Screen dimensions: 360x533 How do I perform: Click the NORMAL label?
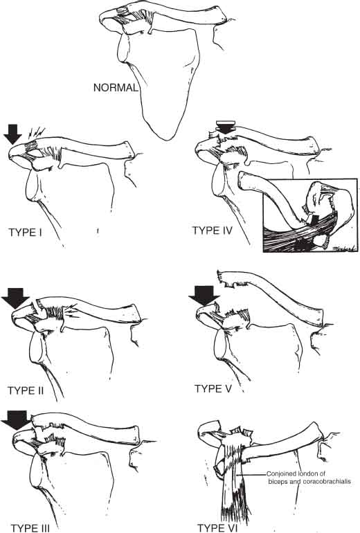click(x=116, y=88)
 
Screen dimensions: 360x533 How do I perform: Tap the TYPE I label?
click(x=25, y=233)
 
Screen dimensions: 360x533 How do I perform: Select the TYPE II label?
click(x=26, y=390)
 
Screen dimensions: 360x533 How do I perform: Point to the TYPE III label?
click(x=30, y=528)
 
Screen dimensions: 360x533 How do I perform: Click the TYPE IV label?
click(x=213, y=231)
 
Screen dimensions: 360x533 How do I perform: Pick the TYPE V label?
click(x=213, y=389)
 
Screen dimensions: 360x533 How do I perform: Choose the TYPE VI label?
click(x=217, y=528)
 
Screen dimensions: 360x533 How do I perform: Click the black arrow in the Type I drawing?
click(x=12, y=134)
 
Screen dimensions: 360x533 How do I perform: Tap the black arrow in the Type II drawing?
click(x=15, y=298)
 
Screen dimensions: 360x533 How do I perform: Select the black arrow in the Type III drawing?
click(x=15, y=420)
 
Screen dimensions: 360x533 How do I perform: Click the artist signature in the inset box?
click(x=344, y=249)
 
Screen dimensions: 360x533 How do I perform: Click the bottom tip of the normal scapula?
click(x=165, y=140)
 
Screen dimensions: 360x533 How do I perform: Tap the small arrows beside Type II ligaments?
click(x=73, y=310)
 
